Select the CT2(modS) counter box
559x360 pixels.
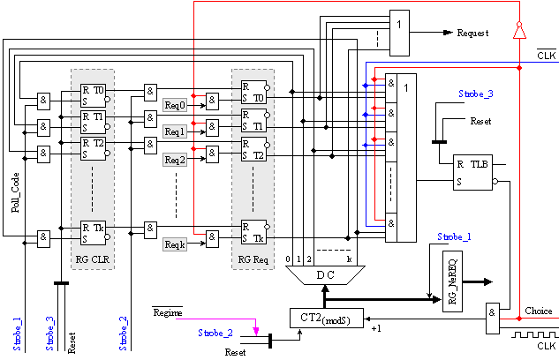[326, 319]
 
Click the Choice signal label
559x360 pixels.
[538, 311]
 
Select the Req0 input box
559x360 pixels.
[176, 104]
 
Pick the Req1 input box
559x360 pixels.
[176, 132]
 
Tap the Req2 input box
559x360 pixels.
[176, 161]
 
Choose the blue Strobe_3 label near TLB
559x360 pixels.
[476, 94]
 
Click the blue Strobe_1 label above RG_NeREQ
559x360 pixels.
[455, 236]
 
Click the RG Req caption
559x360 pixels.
[250, 259]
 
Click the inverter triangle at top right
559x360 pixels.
[520, 31]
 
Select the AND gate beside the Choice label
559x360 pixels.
[492, 316]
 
